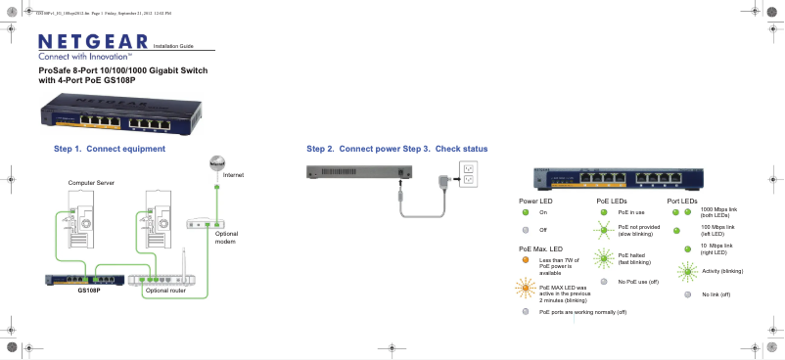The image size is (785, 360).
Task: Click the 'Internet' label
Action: coord(233,174)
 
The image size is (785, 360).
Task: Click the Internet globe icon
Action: coord(219,162)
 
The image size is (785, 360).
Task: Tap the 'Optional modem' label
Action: coord(226,238)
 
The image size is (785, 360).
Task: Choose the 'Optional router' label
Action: coord(165,291)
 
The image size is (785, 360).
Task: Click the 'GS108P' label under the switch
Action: coord(89,291)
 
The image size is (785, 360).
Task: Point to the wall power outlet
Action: coord(469,174)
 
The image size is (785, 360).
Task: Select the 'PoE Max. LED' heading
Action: coord(541,249)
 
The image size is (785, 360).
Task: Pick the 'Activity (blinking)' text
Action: coord(723,270)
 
